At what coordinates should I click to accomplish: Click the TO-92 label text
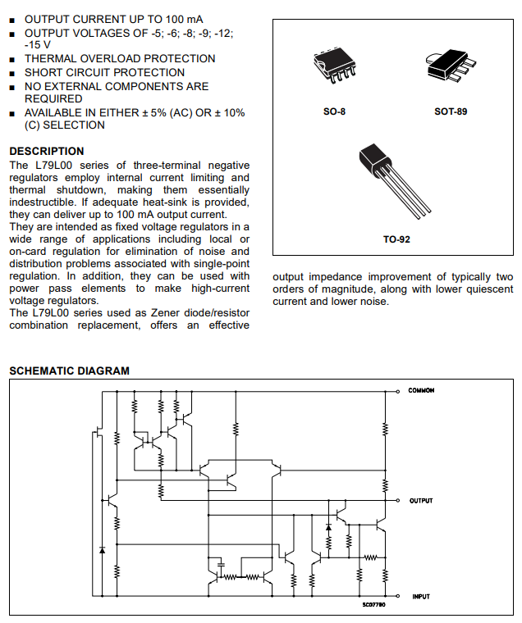(x=396, y=239)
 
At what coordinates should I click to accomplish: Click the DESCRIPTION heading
(x=47, y=152)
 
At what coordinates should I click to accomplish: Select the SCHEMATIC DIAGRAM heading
(x=69, y=371)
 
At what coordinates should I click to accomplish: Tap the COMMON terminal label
(x=421, y=390)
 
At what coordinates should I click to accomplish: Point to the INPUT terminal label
(x=420, y=597)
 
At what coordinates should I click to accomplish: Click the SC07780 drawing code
(x=373, y=605)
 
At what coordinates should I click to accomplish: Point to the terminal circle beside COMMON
(x=398, y=391)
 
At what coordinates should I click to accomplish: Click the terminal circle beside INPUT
(x=398, y=597)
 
